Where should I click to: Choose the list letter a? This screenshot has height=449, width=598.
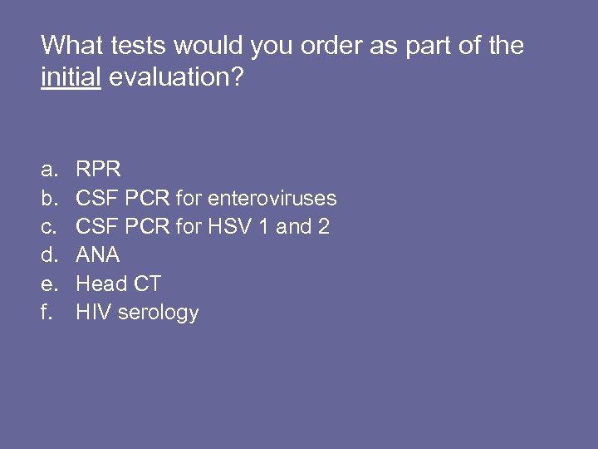pyautogui.click(x=49, y=170)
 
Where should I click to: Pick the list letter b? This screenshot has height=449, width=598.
pyautogui.click(x=49, y=198)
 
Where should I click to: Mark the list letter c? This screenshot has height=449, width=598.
pyautogui.click(x=49, y=226)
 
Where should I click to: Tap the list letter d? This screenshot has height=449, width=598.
pyautogui.click(x=49, y=255)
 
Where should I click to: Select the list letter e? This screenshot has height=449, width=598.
pyautogui.click(x=49, y=284)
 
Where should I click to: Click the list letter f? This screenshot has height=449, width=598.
pyautogui.click(x=47, y=313)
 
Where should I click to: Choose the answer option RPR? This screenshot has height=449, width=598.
pyautogui.click(x=99, y=170)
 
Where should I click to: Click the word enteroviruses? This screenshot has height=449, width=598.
pyautogui.click(x=272, y=198)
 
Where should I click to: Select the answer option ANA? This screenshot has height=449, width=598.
pyautogui.click(x=98, y=255)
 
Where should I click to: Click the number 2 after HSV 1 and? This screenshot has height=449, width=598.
pyautogui.click(x=323, y=226)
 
